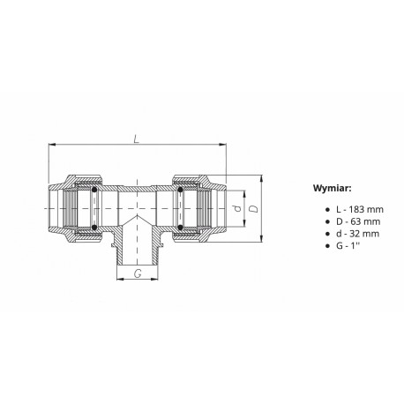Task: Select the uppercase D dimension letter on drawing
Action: coord(253,209)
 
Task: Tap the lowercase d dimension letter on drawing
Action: coord(236,209)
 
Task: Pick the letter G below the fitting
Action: coord(137,274)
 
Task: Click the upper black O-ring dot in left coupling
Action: coord(94,190)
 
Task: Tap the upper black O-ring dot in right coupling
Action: coord(181,190)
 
